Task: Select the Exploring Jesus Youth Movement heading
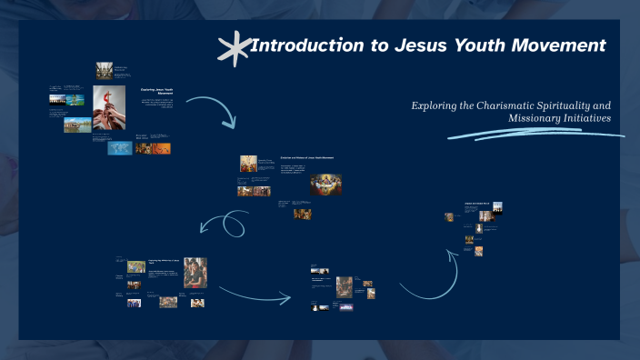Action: coord(157,91)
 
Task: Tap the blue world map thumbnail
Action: coord(119,147)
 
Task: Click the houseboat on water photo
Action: coord(76,125)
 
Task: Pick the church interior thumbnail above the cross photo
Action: coord(105,70)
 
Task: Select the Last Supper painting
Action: coord(324,184)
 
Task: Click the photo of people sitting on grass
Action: coord(168,302)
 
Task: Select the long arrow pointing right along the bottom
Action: coord(255,293)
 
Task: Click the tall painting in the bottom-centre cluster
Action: coord(344,286)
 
